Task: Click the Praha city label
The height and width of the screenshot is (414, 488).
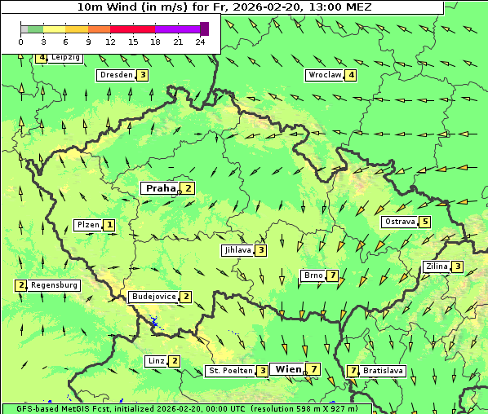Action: pyautogui.click(x=160, y=188)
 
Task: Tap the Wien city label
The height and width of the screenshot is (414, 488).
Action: pyautogui.click(x=288, y=369)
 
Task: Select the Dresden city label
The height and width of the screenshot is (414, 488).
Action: pyautogui.click(x=115, y=75)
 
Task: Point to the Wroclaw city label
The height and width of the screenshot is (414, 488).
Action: pyautogui.click(x=324, y=75)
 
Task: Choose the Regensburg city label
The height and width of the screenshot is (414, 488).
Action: pyautogui.click(x=55, y=285)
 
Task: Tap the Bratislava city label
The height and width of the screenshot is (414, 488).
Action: pyautogui.click(x=384, y=371)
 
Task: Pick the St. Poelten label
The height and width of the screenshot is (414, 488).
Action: pyautogui.click(x=230, y=371)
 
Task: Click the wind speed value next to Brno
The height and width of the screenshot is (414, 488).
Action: pyautogui.click(x=333, y=275)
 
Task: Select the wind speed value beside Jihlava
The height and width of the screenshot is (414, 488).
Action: pyautogui.click(x=260, y=250)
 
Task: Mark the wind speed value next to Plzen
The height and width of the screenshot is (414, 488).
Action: pyautogui.click(x=109, y=225)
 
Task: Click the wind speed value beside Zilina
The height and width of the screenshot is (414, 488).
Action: pyautogui.click(x=458, y=266)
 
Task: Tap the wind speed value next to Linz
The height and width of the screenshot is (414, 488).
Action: pyautogui.click(x=174, y=361)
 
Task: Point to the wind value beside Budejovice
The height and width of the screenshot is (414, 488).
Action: pyautogui.click(x=186, y=297)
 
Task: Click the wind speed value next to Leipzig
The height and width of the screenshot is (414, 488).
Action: pyautogui.click(x=41, y=58)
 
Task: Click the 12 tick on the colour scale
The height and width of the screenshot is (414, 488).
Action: pyautogui.click(x=110, y=42)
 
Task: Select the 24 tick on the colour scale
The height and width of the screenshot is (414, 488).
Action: pyautogui.click(x=201, y=42)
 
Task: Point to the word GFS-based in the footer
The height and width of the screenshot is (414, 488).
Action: pyautogui.click(x=29, y=408)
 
